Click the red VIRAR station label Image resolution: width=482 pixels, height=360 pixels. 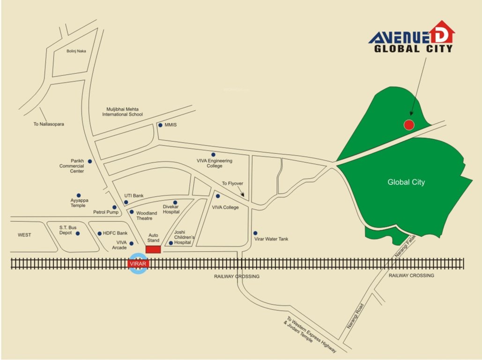[138, 264]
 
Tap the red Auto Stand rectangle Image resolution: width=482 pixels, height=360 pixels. [153, 249]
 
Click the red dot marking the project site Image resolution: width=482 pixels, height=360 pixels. [409, 125]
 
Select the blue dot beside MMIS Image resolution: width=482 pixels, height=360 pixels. [160, 125]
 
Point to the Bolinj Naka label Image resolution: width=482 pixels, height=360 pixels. [76, 51]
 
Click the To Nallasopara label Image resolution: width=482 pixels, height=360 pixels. [49, 124]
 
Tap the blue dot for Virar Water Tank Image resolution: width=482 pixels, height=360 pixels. [255, 233]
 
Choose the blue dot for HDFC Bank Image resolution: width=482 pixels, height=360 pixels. [99, 233]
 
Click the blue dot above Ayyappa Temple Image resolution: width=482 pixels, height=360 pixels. [79, 195]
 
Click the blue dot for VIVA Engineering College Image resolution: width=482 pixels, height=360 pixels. [213, 154]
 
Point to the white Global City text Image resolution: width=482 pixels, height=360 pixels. [406, 182]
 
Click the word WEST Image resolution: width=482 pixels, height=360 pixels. [24, 235]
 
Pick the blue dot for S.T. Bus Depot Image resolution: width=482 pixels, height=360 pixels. [78, 233]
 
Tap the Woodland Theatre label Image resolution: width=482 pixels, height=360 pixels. [147, 216]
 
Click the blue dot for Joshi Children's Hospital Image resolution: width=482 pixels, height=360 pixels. [171, 243]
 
